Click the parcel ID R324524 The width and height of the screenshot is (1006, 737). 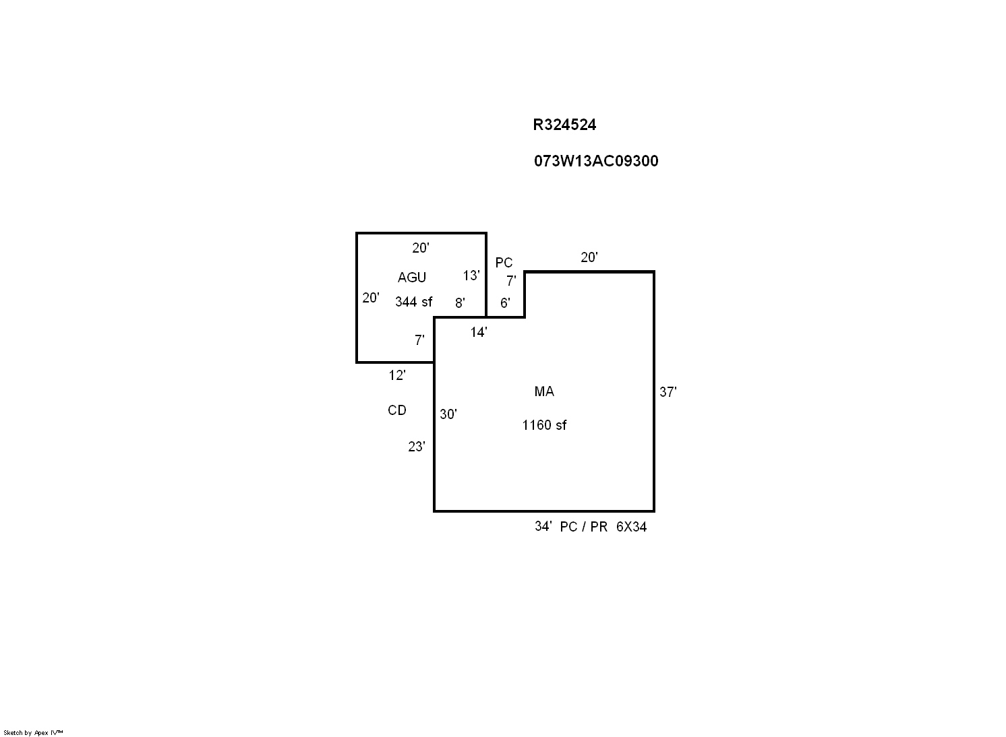[x=564, y=125]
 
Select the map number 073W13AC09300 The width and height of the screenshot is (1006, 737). [x=596, y=161]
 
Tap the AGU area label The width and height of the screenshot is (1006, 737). [x=412, y=278]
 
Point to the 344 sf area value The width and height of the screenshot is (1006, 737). [x=413, y=302]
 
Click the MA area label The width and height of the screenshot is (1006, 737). [x=544, y=391]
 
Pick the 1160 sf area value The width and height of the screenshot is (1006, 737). [x=544, y=424]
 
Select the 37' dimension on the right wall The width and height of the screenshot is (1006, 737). [x=668, y=392]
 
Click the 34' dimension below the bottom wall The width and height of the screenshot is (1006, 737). [x=543, y=526]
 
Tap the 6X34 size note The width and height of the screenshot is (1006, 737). [x=631, y=527]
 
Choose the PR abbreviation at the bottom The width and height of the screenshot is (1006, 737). [x=599, y=527]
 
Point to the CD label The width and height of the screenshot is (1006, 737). [x=397, y=410]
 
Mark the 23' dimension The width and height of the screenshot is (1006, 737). [x=416, y=447]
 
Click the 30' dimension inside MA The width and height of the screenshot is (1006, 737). [x=448, y=414]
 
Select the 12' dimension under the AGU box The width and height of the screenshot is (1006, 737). [x=397, y=375]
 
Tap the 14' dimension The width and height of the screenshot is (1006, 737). [x=479, y=332]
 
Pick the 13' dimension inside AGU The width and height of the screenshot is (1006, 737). [x=471, y=275]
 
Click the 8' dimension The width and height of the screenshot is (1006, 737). [x=460, y=303]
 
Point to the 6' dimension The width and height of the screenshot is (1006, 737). [x=505, y=303]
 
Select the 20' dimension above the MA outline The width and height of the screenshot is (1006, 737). [x=589, y=257]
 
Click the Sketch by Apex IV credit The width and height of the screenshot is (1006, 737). [x=33, y=732]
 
